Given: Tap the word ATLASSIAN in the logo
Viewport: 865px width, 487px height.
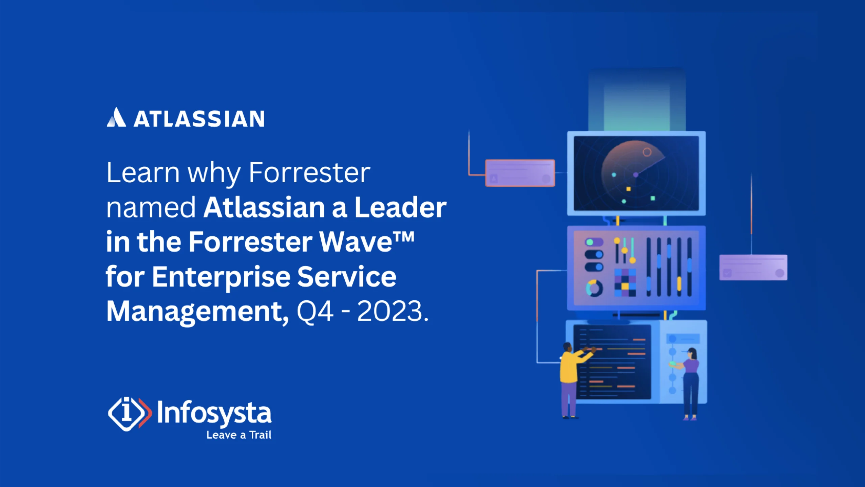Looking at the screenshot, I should click(199, 119).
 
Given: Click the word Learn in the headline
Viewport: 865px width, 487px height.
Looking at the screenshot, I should click(143, 173).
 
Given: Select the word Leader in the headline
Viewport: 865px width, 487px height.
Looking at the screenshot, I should click(400, 207).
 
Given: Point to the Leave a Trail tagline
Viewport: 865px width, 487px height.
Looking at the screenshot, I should click(239, 435).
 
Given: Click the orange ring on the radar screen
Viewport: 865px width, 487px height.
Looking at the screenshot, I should click(647, 152).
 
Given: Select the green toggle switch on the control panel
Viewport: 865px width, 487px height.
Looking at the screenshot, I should click(594, 242).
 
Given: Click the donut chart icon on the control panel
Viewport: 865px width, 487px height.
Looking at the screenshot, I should click(594, 288).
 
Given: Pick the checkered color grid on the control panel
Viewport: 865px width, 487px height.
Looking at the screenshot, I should click(625, 282).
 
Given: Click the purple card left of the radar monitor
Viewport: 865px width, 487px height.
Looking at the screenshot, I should click(520, 173).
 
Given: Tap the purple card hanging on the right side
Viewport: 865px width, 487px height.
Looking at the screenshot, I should click(753, 268).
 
